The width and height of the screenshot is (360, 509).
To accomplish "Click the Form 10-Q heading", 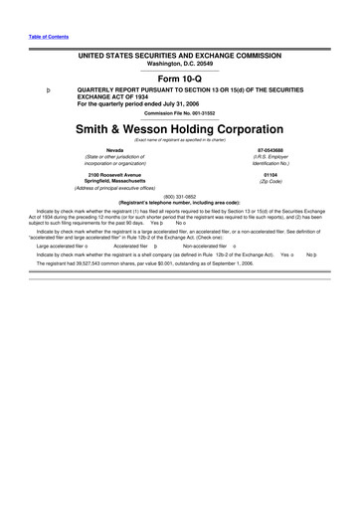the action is coord(180,76).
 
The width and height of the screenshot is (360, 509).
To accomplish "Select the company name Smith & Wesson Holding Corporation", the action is coord(180,129).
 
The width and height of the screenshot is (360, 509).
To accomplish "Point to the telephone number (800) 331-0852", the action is coord(180,195).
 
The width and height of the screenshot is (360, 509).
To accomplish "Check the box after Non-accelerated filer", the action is coord(233,245).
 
